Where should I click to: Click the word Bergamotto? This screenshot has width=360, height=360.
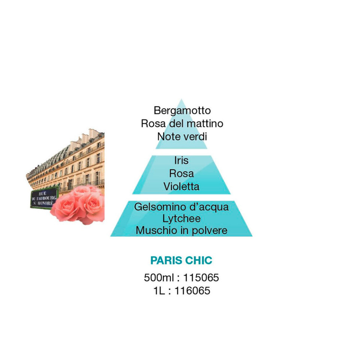tap(182, 111)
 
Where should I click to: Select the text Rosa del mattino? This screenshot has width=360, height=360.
tap(182, 123)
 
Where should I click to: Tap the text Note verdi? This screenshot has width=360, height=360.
tap(182, 136)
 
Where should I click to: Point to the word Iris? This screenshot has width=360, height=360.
tap(181, 160)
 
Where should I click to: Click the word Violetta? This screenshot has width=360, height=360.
tap(181, 186)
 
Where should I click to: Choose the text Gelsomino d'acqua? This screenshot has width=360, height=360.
tap(181, 207)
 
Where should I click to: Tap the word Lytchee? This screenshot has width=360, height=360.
tap(181, 219)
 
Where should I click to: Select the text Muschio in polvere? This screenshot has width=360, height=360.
tap(181, 231)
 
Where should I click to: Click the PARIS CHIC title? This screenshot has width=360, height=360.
tap(181, 260)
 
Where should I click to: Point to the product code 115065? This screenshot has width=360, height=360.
tap(201, 277)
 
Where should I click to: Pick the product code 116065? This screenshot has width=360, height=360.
tap(192, 291)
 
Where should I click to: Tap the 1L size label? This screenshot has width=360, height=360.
tap(159, 291)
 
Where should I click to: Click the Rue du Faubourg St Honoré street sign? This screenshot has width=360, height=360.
tap(44, 198)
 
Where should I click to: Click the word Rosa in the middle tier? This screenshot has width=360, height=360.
tap(181, 173)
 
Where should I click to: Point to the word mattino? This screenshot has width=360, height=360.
tap(205, 123)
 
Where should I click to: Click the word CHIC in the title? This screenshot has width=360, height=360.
tap(199, 260)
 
